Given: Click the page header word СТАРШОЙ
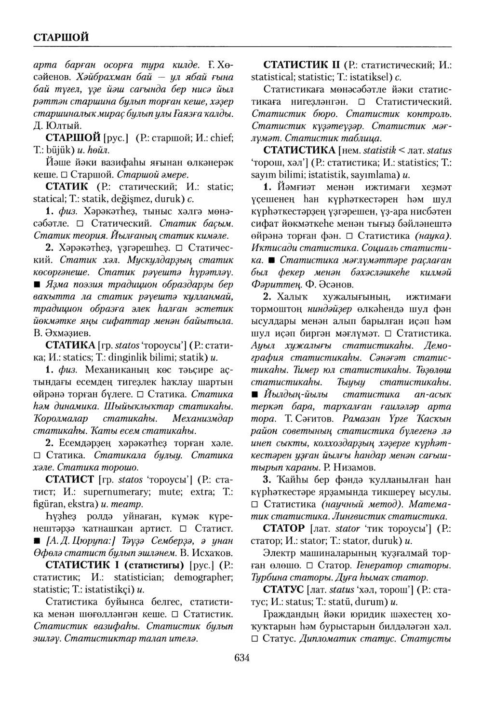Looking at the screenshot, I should pyautogui.click(x=61, y=37).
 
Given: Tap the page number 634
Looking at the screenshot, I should pyautogui.click(x=241, y=657).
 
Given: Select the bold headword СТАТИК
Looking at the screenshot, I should pyautogui.click(x=66, y=186).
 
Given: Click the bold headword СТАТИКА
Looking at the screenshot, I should pyautogui.click(x=70, y=346).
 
